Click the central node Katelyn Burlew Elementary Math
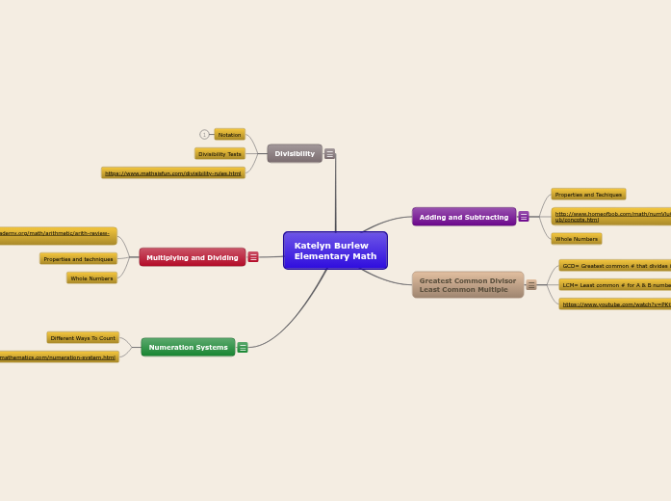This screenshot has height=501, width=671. point(335,250)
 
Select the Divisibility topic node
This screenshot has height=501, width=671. point(295,153)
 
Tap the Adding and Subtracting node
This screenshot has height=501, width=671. point(464,217)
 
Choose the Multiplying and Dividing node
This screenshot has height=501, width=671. point(193,257)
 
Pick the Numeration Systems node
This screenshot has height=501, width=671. point(188,347)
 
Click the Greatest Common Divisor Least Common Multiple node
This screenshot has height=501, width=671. point(468,284)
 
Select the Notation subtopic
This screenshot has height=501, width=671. point(229,135)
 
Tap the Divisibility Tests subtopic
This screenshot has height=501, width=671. point(219,154)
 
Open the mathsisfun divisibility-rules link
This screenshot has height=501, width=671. point(173,173)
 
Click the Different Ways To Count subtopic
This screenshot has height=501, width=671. point(83,338)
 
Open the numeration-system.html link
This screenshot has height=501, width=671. point(58,357)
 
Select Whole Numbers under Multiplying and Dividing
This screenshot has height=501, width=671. point(91,278)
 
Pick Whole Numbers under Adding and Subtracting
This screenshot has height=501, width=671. point(577,239)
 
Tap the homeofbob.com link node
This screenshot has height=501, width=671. point(610,217)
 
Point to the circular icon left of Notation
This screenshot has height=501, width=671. point(204,135)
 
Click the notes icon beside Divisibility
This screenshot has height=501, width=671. point(329,153)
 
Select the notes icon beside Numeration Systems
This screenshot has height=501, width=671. point(243,347)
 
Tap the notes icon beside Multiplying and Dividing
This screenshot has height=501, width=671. point(253,257)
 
